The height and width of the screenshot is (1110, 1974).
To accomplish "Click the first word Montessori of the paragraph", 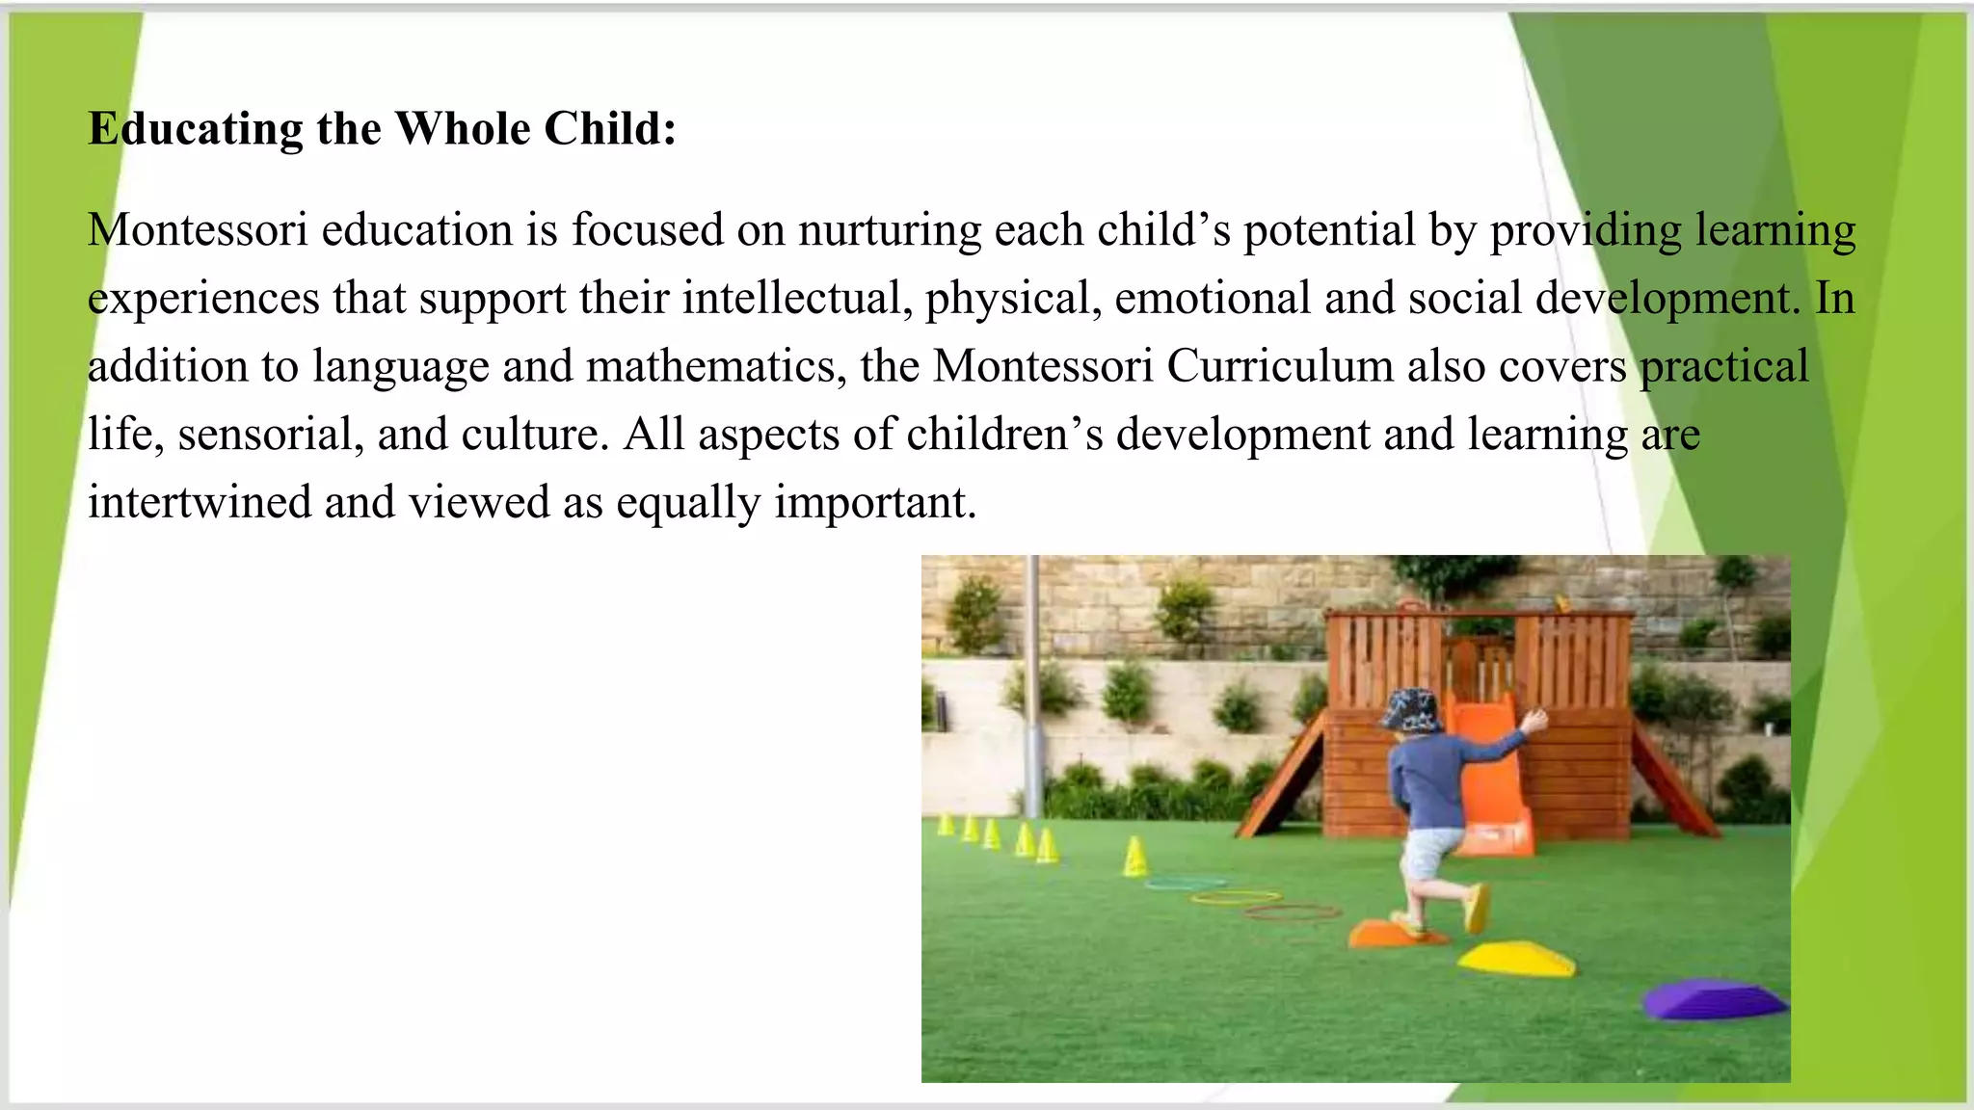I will [198, 230].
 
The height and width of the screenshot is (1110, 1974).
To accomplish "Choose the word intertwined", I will [200, 502].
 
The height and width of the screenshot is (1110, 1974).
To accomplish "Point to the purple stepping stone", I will [1713, 999].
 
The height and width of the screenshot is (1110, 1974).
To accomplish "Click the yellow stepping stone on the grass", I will [1515, 958].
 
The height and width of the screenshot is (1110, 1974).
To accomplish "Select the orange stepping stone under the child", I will [1388, 933].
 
